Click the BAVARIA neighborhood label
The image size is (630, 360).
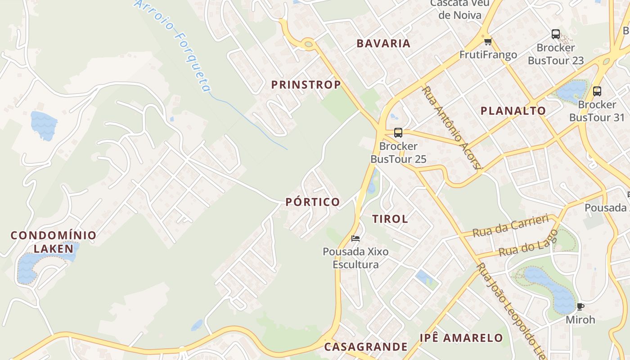[383, 44]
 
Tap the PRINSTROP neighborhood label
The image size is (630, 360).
[306, 85]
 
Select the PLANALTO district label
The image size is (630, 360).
[513, 111]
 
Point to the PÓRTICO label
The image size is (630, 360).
[313, 202]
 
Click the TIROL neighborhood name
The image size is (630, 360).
[390, 219]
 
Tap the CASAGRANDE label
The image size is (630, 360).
[365, 347]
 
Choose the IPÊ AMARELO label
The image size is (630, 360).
[461, 338]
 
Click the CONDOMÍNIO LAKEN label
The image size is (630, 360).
[53, 242]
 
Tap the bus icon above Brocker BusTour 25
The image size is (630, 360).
[398, 132]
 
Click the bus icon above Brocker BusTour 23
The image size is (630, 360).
[556, 34]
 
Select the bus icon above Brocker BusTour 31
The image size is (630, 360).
[597, 91]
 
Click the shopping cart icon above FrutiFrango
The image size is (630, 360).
[487, 42]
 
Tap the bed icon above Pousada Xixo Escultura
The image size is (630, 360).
[355, 238]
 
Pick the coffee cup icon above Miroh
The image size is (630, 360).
[580, 307]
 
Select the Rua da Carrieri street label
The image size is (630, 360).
[511, 226]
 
